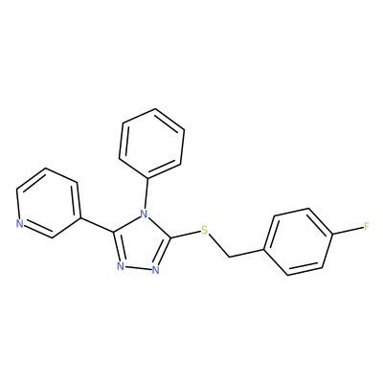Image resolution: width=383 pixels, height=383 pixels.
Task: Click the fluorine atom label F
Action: pyautogui.click(x=367, y=227)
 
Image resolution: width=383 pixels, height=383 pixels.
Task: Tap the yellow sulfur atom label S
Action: pyautogui.click(x=204, y=230)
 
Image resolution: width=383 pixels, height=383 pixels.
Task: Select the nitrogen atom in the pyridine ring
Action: pyautogui.click(x=20, y=224)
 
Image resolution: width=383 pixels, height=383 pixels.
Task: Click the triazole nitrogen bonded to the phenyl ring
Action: pyautogui.click(x=145, y=213)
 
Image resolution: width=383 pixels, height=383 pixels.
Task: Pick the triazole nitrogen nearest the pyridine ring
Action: pyautogui.click(x=120, y=266)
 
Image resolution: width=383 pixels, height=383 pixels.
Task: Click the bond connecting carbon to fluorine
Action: pyautogui.click(x=348, y=231)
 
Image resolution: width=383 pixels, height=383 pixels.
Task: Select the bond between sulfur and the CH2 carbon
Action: pyautogui.click(x=218, y=245)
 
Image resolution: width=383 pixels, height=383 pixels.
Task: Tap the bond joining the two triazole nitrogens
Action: pyautogui.click(x=138, y=268)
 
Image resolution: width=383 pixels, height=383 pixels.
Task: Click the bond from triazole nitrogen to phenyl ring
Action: pyautogui.click(x=146, y=192)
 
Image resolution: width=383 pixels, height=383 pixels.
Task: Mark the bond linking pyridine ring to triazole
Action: pyautogui.click(x=97, y=225)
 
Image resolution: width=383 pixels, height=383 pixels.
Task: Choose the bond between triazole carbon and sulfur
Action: pyautogui.click(x=186, y=235)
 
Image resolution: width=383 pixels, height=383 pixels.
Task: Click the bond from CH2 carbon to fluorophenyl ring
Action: pyautogui.click(x=247, y=253)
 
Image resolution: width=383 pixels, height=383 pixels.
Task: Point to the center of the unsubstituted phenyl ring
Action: pyautogui.click(x=151, y=143)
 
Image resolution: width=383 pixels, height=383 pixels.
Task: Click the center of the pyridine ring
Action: pyautogui.click(x=48, y=203)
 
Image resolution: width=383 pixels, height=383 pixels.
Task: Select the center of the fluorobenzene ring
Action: pyautogui.click(x=299, y=241)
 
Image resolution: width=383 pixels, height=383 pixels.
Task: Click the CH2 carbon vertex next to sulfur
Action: pyautogui.click(x=229, y=257)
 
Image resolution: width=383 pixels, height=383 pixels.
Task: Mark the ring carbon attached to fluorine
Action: pyautogui.click(x=332, y=235)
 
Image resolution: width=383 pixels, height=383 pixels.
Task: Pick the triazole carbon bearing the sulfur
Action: pyautogui.click(x=171, y=238)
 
